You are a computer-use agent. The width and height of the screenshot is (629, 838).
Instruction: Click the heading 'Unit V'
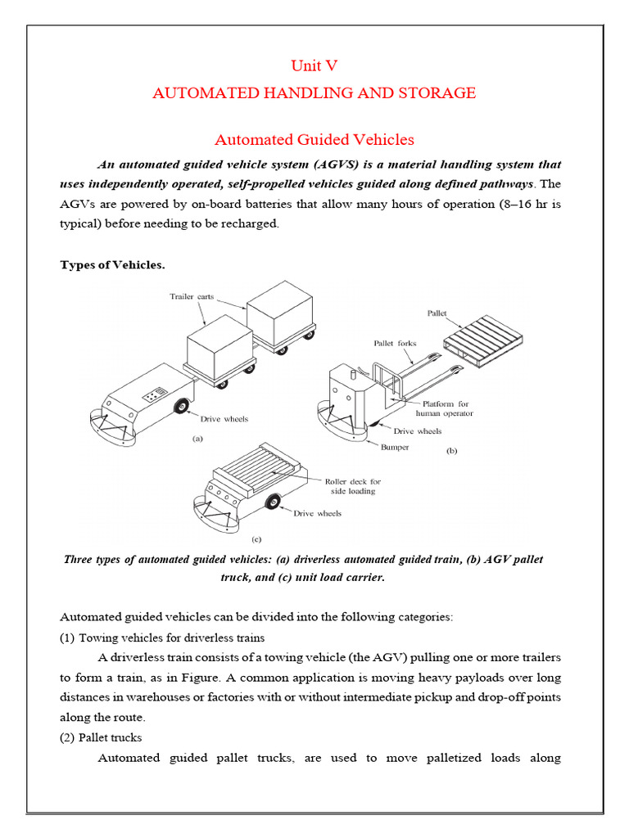tap(314, 66)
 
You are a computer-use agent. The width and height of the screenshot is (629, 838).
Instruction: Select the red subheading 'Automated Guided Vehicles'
tap(314, 140)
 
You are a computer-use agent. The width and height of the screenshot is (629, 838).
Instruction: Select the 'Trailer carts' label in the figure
tap(192, 296)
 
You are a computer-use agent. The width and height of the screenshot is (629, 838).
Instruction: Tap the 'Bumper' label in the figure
tap(394, 447)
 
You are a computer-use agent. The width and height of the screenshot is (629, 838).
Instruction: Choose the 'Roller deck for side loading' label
tap(354, 486)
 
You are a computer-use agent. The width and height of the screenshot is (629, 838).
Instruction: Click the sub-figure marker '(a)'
tap(197, 439)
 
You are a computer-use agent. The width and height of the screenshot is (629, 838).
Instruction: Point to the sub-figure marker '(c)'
tap(256, 539)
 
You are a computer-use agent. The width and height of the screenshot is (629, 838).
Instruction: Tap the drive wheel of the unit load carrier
tap(272, 502)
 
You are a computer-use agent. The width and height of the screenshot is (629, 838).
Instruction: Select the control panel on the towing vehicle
tap(153, 395)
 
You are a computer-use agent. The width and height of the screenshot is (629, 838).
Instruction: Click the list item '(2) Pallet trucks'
tap(101, 737)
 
